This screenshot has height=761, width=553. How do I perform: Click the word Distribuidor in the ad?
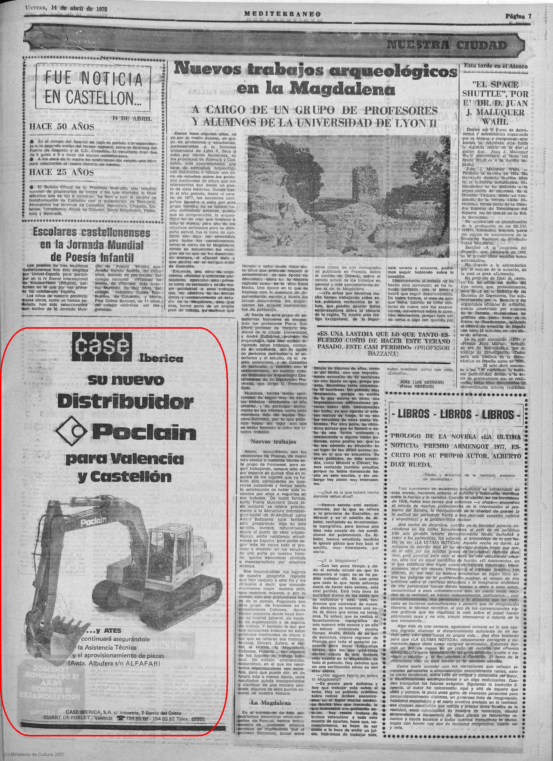[x=125, y=401]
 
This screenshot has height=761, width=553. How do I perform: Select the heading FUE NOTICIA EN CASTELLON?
[x=93, y=88]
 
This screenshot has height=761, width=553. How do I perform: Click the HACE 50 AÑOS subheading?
[x=62, y=127]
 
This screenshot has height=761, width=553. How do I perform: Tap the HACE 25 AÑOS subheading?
[x=62, y=173]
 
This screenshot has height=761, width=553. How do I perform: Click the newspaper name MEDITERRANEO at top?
[x=282, y=14]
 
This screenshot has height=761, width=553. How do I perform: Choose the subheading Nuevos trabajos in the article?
[x=274, y=442]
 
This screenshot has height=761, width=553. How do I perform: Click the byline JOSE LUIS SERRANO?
[x=422, y=382]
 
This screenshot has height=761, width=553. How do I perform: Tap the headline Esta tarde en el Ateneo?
[x=496, y=66]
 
